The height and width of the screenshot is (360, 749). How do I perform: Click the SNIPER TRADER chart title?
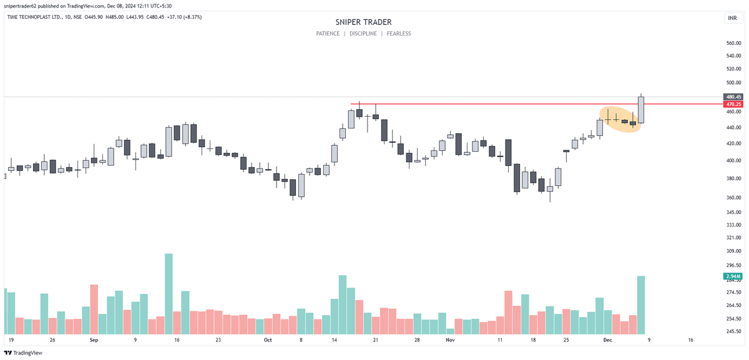click(363, 22)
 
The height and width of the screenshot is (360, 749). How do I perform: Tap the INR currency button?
click(732, 18)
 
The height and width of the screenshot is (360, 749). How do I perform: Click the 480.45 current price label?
click(733, 97)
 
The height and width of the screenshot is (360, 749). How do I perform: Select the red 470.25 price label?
click(733, 104)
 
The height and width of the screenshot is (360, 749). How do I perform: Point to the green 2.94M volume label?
click(732, 276)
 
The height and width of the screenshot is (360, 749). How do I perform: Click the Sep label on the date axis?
click(94, 341)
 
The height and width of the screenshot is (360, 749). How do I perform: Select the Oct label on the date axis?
click(268, 341)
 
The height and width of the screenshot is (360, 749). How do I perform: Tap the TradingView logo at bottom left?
click(24, 353)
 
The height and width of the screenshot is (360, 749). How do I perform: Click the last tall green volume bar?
click(640, 305)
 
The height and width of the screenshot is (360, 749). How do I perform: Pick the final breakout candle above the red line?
click(640, 110)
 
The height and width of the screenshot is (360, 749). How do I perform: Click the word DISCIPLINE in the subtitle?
click(363, 34)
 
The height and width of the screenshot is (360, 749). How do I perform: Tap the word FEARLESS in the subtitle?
click(399, 34)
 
